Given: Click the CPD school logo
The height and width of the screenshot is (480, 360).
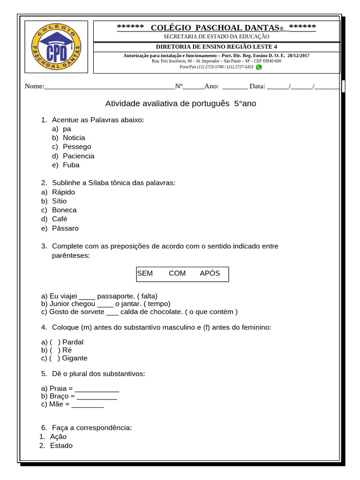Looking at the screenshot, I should tap(56, 47).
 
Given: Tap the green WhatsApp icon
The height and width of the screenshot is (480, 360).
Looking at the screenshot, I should tap(259, 67).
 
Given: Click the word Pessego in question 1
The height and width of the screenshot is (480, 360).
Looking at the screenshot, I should tap(77, 147).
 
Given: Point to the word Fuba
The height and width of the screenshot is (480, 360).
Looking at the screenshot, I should tap(71, 165).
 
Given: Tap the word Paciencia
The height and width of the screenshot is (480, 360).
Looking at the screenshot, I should tap(78, 156).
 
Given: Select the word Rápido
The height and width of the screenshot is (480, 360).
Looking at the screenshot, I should tap(63, 192).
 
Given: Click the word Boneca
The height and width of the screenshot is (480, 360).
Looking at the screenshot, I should tap(64, 210).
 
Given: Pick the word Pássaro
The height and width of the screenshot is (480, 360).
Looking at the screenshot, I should tap(65, 228).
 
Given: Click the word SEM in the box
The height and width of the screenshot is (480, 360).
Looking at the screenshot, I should tap(145, 273).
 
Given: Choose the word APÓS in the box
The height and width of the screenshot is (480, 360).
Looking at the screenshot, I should tap(210, 273).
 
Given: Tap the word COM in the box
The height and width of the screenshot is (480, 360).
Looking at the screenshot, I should tap(177, 273).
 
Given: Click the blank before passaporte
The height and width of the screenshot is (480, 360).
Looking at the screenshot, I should tap(87, 296).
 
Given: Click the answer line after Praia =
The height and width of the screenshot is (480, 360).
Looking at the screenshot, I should tap(97, 389).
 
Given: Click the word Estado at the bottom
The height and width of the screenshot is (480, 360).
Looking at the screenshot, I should tap(61, 445).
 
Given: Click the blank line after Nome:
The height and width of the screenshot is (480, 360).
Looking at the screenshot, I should tap(109, 86).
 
